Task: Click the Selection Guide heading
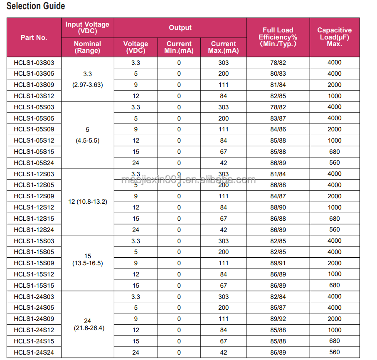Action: (x=36, y=6)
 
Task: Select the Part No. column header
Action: (x=34, y=37)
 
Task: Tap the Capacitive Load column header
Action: (x=334, y=37)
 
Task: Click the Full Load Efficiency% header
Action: (x=278, y=37)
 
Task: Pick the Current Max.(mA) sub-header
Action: (x=223, y=47)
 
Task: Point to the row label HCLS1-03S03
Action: (x=34, y=63)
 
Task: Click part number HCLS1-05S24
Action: (x=34, y=163)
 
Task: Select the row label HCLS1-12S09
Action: (x=34, y=196)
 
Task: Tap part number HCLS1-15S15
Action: (x=34, y=286)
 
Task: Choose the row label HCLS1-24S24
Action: (x=34, y=353)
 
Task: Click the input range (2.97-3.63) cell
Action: (x=87, y=85)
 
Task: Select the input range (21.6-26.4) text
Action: (x=87, y=328)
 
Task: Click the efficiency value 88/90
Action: (x=278, y=207)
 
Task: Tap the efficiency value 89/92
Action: (x=278, y=319)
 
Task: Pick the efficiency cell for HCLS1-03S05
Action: (x=278, y=74)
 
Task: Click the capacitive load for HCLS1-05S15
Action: (x=334, y=152)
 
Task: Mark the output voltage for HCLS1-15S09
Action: (x=136, y=263)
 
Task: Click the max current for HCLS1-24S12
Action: (x=223, y=330)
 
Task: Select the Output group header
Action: (x=180, y=28)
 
